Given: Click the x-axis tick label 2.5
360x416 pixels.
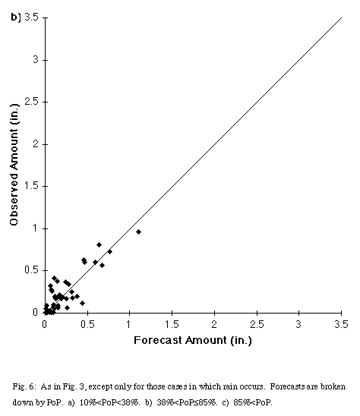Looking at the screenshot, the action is [257, 324].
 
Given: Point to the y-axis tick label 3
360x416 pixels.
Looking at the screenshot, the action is [36, 59].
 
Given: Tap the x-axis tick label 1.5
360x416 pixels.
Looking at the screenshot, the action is [172, 324].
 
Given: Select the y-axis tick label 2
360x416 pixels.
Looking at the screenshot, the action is [36, 144].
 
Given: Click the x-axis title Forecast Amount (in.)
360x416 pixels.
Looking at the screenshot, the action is [193, 340].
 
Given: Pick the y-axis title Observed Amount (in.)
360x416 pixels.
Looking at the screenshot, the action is [14, 165].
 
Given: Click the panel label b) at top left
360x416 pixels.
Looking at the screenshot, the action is [15, 17].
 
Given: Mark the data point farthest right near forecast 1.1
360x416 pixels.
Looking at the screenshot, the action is [138, 232].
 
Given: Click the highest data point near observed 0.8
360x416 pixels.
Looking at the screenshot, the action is [99, 244].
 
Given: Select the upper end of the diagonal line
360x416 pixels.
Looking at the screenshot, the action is [342, 17].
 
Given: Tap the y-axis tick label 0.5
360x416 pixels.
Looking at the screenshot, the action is [32, 270].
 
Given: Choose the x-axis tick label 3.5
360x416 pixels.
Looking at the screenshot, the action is [342, 324].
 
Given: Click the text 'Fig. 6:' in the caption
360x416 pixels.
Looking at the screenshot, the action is [24, 386].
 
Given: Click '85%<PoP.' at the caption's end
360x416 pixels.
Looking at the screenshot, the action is [253, 402].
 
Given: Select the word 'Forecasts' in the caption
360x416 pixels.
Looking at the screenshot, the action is [288, 386].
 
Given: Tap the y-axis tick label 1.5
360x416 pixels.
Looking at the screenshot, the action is [32, 186].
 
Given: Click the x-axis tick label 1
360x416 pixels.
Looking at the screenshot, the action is [129, 324].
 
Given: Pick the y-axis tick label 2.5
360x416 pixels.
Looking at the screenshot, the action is [32, 102].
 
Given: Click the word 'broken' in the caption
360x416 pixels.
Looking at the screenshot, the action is [333, 386].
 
